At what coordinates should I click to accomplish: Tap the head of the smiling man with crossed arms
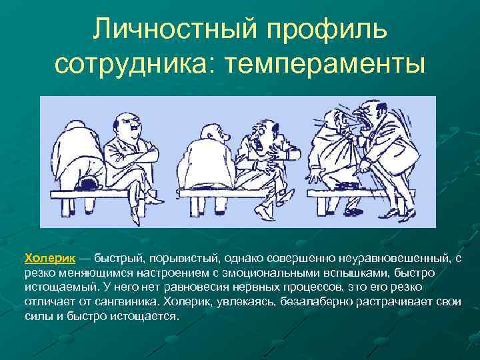[x=126, y=125]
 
